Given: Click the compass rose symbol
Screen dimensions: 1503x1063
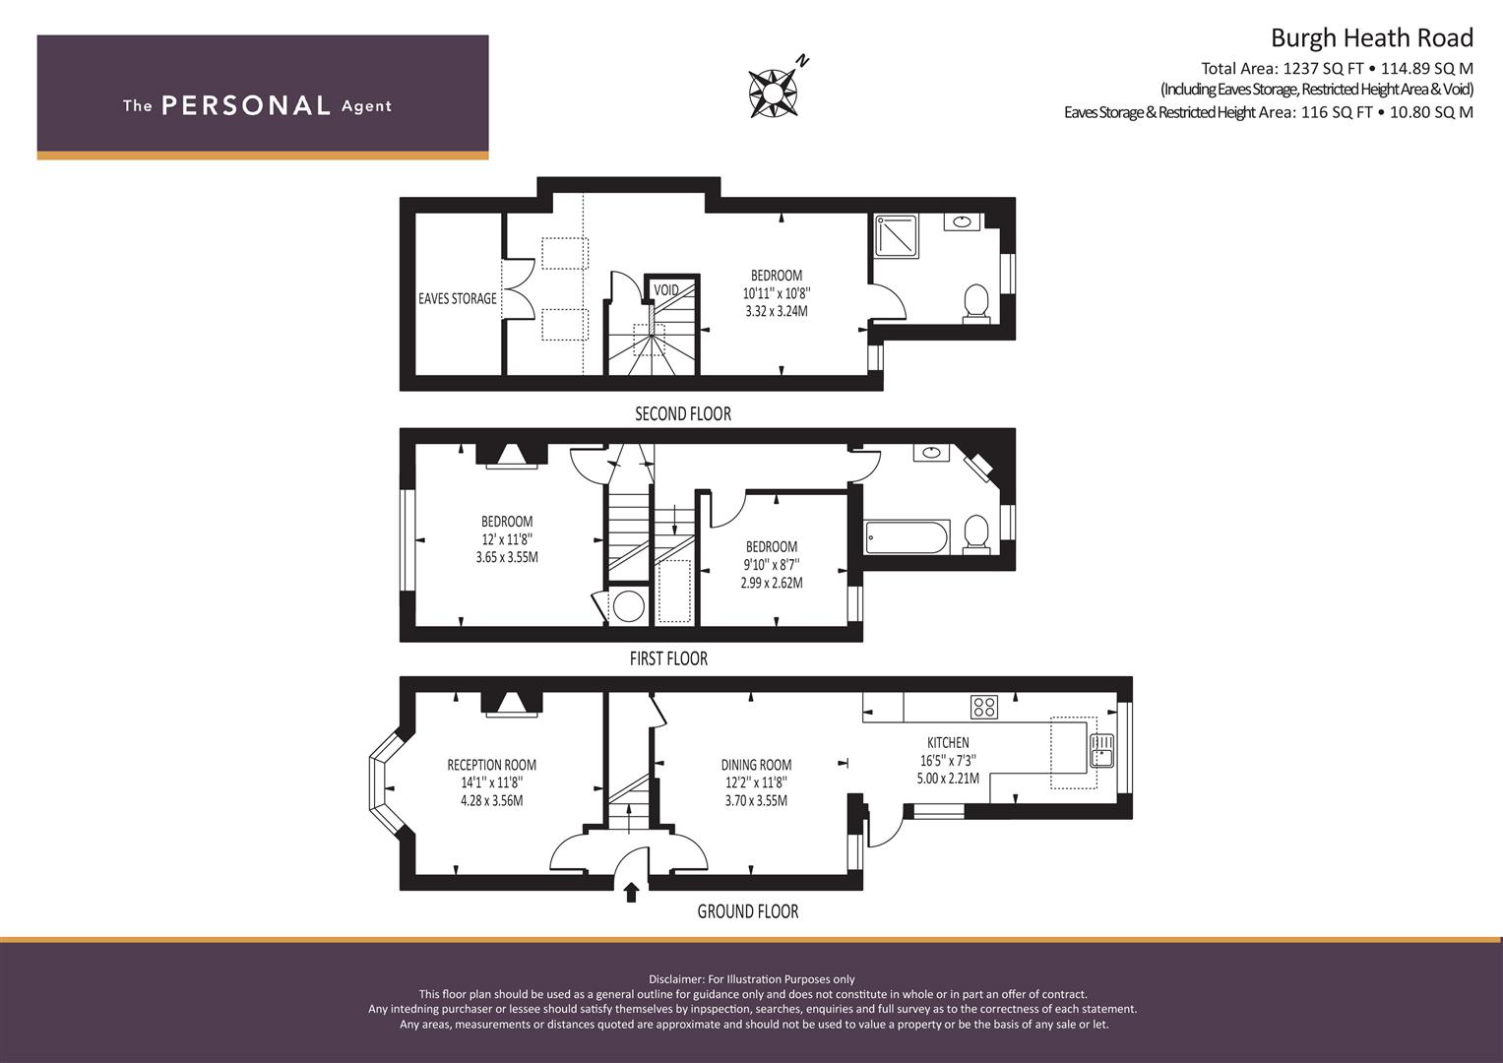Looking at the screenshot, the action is pyautogui.click(x=774, y=93).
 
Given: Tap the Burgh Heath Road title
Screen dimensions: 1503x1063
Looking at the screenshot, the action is pyautogui.click(x=1371, y=38).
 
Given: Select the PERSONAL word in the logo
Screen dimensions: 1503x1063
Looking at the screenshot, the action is pyautogui.click(x=246, y=105).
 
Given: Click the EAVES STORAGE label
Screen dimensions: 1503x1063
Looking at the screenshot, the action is pyautogui.click(x=458, y=298).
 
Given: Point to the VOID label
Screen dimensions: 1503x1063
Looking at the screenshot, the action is pyautogui.click(x=666, y=290).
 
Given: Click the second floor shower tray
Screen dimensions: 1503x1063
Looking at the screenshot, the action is pyautogui.click(x=896, y=236).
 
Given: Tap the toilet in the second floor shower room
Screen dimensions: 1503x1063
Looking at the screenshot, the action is pyautogui.click(x=976, y=304).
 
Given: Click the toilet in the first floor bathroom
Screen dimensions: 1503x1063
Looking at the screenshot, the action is pyautogui.click(x=976, y=534).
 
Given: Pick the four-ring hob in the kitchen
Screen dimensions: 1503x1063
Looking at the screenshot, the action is pyautogui.click(x=984, y=707).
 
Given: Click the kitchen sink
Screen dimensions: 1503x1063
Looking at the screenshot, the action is pyautogui.click(x=1101, y=750).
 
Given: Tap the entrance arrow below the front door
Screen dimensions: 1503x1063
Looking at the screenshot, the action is pyautogui.click(x=631, y=892).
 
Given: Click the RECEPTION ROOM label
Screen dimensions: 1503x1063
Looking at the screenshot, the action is pyautogui.click(x=492, y=765).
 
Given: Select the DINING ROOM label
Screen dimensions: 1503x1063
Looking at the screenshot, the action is pyautogui.click(x=756, y=765).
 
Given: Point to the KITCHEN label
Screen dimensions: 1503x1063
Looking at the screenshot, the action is pyautogui.click(x=948, y=742).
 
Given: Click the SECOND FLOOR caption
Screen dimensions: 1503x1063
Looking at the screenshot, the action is pyautogui.click(x=683, y=414).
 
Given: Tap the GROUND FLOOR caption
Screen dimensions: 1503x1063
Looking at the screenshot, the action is pyautogui.click(x=748, y=911).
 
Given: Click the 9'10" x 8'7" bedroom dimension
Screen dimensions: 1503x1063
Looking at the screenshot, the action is pyautogui.click(x=772, y=565).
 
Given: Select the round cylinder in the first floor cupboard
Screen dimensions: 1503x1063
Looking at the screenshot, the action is pyautogui.click(x=629, y=606).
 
